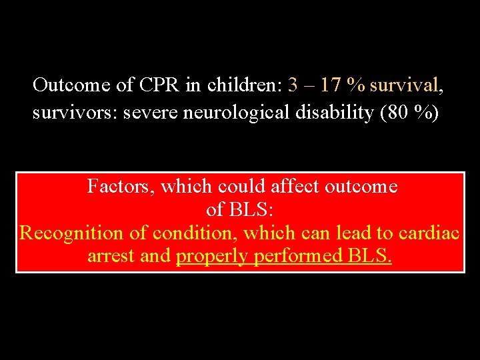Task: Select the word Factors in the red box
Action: tap(120, 187)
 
